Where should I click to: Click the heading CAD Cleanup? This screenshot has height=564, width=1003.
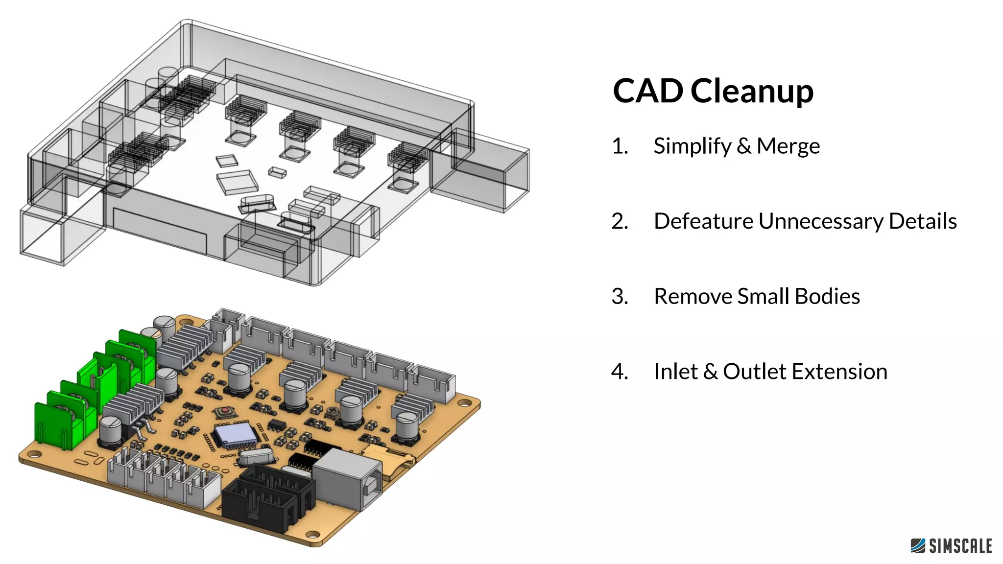coord(713,91)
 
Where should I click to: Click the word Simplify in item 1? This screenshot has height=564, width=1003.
coord(692,146)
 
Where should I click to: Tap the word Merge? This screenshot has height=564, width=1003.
coord(788,146)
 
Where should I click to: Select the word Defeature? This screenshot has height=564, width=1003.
coord(703,221)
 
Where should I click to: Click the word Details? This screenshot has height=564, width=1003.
coord(923,221)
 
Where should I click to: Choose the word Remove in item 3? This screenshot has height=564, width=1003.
coord(693,296)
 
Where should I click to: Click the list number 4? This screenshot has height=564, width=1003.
coord(619,371)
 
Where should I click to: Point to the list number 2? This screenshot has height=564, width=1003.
coord(619,221)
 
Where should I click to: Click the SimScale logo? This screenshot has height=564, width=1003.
coord(951,545)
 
